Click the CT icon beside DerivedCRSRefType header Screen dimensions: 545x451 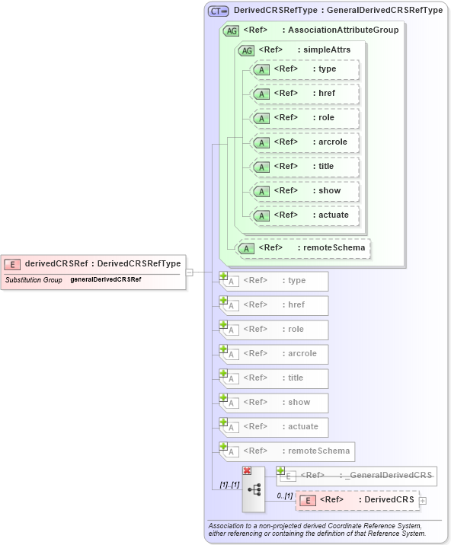click(x=219, y=11)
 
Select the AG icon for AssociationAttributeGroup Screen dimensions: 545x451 click(x=230, y=31)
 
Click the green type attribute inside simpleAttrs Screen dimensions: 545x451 click(x=304, y=69)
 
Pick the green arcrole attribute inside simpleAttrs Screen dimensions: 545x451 click(x=304, y=142)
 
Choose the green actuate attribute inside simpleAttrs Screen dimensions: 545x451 click(x=304, y=215)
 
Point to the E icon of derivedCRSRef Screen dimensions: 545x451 click(x=12, y=264)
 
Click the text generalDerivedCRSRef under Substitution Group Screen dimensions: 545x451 click(x=106, y=280)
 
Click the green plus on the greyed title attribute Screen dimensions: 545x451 click(x=224, y=373)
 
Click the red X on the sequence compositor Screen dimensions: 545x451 click(x=247, y=471)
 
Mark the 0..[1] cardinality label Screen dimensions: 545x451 click(x=283, y=496)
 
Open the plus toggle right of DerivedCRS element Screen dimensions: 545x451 click(x=423, y=501)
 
